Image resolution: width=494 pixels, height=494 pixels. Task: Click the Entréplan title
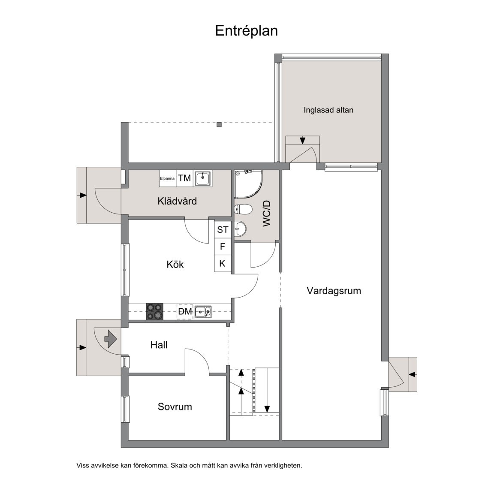click(246, 31)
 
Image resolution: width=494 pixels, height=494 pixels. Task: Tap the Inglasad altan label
click(328, 110)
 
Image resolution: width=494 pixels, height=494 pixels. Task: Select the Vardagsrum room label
click(334, 291)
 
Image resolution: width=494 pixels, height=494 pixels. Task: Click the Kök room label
click(175, 265)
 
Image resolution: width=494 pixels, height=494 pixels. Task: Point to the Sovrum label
click(175, 407)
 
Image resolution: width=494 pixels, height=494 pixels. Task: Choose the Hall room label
click(159, 345)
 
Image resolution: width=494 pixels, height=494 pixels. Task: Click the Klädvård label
click(177, 201)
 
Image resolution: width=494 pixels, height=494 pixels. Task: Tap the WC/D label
click(267, 214)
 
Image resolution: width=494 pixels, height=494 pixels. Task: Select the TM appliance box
click(184, 178)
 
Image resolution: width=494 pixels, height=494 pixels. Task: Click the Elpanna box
click(167, 178)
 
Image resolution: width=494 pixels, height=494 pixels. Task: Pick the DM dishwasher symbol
click(185, 312)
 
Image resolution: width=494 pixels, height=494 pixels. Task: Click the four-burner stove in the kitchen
click(154, 311)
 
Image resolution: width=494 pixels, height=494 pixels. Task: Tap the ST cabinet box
click(223, 230)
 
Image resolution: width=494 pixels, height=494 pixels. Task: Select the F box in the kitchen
click(223, 247)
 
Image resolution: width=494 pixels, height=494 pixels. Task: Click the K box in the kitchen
click(223, 263)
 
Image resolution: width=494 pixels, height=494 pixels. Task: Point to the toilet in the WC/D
click(243, 210)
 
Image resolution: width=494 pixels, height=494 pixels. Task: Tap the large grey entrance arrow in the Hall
click(111, 338)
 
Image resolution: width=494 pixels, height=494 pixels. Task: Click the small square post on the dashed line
click(219, 125)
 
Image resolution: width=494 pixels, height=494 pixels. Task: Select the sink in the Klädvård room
click(203, 178)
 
